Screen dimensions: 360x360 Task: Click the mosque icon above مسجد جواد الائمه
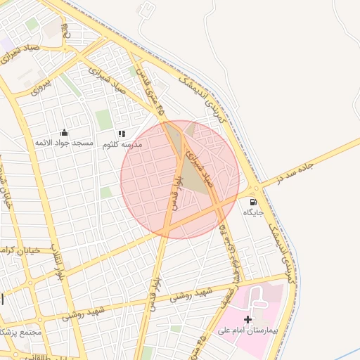[x=64, y=132]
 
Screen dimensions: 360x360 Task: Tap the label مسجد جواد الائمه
[x=64, y=143]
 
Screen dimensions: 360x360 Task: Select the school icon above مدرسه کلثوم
[x=122, y=134]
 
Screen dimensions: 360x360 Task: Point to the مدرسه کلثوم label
[x=122, y=144]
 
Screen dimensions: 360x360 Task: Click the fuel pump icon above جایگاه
[x=253, y=202]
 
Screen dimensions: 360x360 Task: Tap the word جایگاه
[x=253, y=212]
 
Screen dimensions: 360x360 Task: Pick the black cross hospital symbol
[x=247, y=319]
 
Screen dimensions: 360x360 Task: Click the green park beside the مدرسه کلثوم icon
[x=104, y=120]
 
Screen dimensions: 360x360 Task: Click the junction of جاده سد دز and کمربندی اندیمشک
[x=255, y=188]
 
